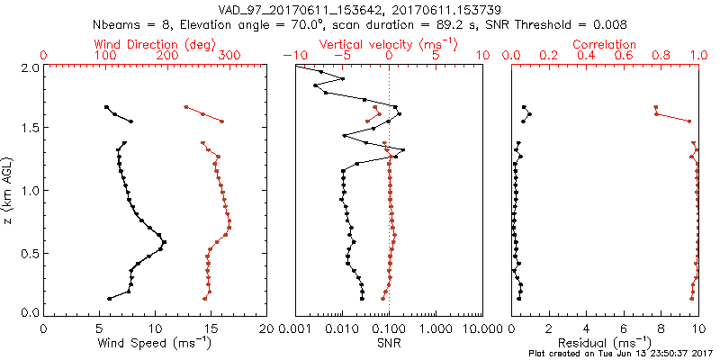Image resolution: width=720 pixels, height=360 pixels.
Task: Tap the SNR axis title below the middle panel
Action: pos(389,342)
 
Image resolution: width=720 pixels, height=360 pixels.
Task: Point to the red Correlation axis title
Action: pos(605,44)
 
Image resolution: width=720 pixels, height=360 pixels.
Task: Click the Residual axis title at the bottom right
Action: pos(606,342)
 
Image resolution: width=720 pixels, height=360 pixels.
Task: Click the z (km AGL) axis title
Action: pos(11,191)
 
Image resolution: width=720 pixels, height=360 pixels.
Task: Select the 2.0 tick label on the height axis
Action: pos(30,67)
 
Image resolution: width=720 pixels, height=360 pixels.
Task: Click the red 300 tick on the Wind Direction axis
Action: pos(229,56)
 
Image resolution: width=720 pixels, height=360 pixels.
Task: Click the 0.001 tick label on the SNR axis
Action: pos(295,328)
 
